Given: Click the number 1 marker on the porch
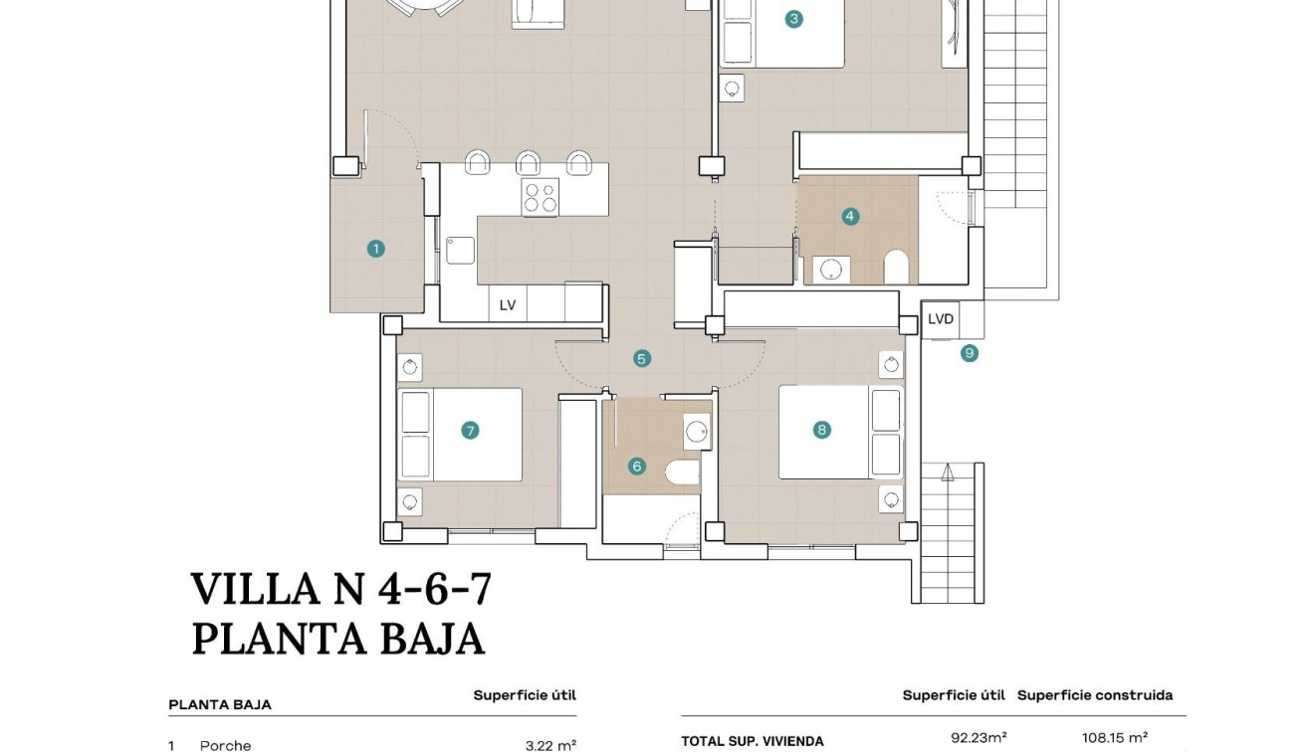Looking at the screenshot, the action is [x=375, y=249].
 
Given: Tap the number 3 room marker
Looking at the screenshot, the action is [x=793, y=19].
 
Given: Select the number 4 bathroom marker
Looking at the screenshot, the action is [x=850, y=217].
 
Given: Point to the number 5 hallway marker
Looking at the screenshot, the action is [x=642, y=358].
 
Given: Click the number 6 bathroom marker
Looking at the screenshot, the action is [x=636, y=467].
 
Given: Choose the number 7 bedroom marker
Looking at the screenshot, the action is [x=470, y=431].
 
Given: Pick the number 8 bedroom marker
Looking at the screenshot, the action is [x=822, y=430].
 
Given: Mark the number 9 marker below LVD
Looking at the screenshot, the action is [x=969, y=353].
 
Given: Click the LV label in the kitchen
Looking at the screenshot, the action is [x=508, y=305].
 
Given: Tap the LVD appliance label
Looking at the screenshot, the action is [x=941, y=319].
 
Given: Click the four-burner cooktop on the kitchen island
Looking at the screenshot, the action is [x=541, y=197].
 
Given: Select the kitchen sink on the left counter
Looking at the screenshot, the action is [x=460, y=250].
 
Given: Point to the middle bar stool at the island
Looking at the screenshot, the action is [x=529, y=162].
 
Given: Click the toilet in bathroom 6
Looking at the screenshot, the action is [x=682, y=472].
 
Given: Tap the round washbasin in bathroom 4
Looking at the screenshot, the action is [x=831, y=270].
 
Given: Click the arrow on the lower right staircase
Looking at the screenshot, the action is [x=948, y=472].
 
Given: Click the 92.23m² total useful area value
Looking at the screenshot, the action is [x=979, y=737].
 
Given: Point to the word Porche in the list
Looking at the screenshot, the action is [x=225, y=746].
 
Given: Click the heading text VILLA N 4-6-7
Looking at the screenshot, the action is [x=341, y=589].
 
